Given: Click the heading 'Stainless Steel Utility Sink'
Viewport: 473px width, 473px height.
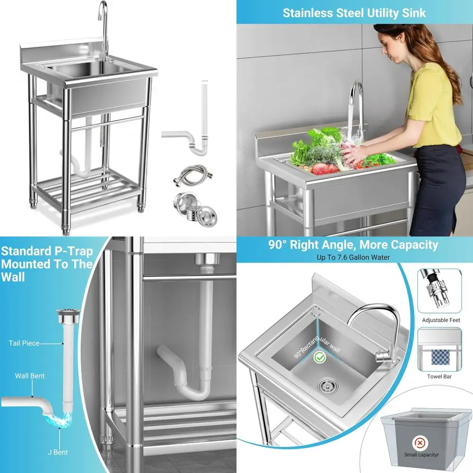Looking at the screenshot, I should [354, 12].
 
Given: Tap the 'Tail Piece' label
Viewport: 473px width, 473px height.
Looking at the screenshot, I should [24, 343].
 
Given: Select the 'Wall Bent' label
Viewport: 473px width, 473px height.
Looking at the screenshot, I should [30, 376].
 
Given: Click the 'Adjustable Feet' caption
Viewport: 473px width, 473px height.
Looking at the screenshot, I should [441, 320].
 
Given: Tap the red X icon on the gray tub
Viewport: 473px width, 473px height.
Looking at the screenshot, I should [419, 443].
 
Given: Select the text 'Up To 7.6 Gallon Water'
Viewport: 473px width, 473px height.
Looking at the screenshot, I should [354, 258].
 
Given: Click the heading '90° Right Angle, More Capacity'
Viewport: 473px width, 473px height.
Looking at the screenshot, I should [354, 245].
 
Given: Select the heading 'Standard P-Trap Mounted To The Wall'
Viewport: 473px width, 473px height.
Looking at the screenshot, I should [46, 263].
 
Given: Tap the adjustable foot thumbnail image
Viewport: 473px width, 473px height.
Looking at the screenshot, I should [440, 291].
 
